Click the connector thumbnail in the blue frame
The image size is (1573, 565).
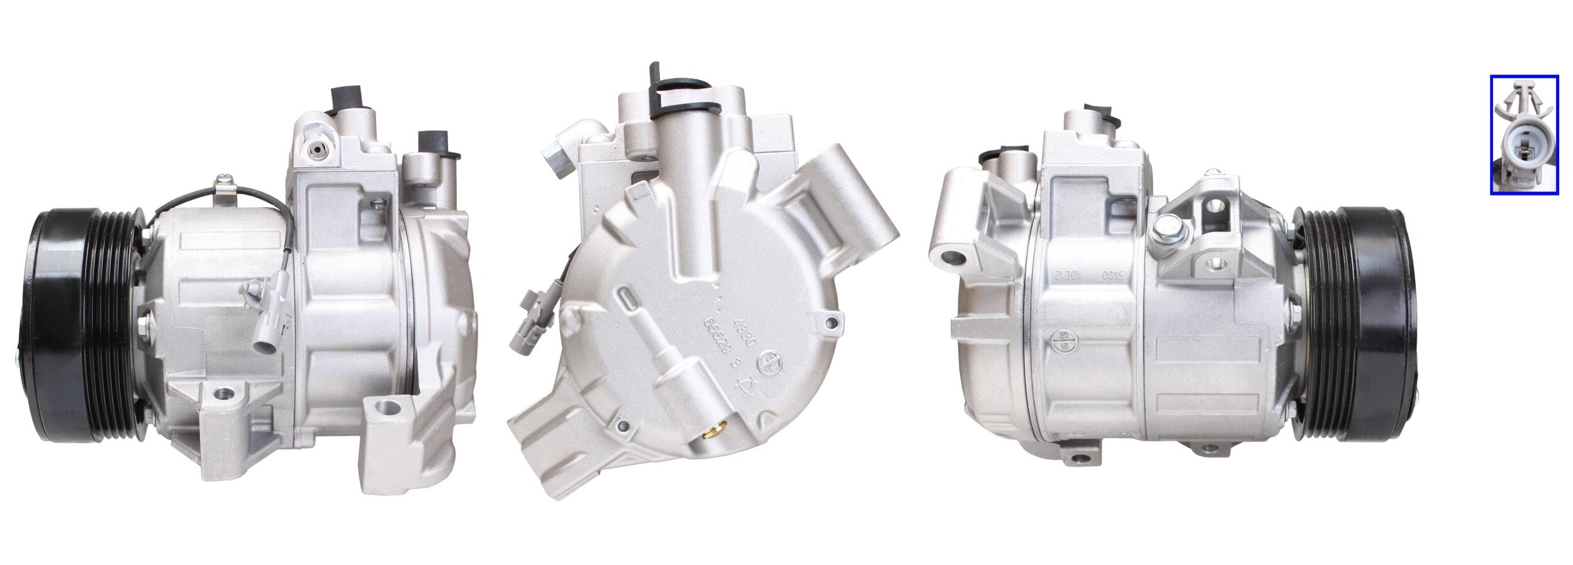click(x=1524, y=135)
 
